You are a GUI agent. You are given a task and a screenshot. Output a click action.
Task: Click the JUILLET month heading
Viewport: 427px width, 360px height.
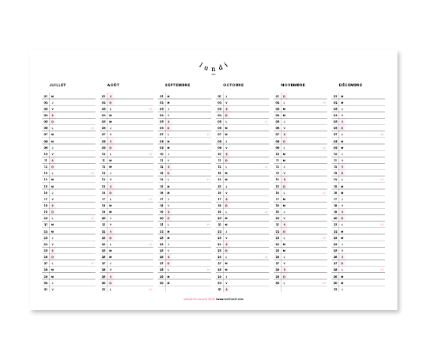pos(56,83)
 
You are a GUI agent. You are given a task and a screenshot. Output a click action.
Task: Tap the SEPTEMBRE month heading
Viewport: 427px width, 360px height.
pos(178,83)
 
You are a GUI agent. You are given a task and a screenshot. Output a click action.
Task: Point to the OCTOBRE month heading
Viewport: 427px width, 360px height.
pos(233,83)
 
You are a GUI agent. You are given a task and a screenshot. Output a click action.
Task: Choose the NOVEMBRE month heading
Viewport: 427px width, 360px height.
pos(293,83)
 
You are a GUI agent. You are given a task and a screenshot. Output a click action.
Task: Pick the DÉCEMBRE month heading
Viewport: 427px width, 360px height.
pos(351,83)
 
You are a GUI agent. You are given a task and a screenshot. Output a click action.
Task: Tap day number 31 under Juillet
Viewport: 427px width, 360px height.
pos(47,289)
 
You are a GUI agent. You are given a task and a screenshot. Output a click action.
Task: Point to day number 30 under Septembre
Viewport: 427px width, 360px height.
pos(162,282)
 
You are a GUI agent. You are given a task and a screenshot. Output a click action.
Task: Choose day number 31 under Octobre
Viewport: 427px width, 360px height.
pos(220,289)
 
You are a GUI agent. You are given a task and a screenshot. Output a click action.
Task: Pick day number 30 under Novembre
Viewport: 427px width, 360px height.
pos(278,282)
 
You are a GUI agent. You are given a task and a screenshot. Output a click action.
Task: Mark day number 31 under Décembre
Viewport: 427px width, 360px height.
pos(335,289)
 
